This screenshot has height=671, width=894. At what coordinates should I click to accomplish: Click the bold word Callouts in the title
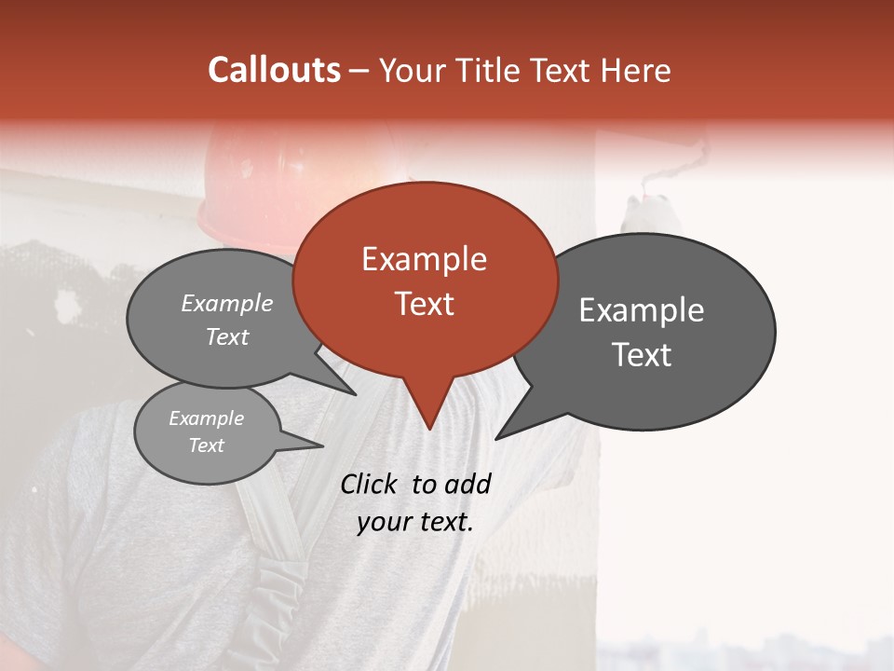274,70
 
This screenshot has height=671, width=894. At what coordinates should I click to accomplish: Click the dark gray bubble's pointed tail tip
496,438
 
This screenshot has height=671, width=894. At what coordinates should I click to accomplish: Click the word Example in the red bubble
424,259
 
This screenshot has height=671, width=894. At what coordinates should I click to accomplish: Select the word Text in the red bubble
424,304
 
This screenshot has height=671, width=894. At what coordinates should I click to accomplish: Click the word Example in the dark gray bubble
642,310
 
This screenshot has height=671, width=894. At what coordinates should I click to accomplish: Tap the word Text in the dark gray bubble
642,355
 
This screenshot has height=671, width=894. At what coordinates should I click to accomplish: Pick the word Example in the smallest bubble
206,418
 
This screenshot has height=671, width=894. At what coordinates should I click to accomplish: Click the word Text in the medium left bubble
227,337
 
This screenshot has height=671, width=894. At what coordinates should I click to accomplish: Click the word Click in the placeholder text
370,484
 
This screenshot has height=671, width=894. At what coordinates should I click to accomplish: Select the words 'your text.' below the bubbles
415,522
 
